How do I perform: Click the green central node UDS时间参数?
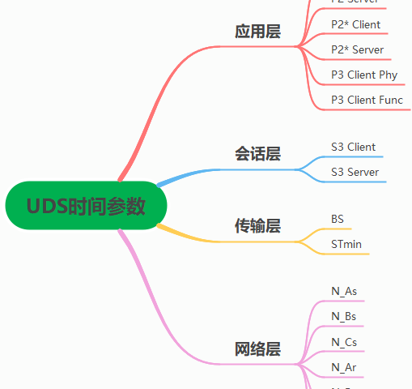click(x=86, y=206)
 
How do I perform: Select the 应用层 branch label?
click(x=257, y=32)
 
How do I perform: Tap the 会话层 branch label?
click(x=257, y=154)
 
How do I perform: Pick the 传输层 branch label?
click(x=257, y=226)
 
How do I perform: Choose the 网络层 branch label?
click(x=257, y=349)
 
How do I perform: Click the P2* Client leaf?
click(x=355, y=24)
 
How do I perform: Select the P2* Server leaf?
click(x=357, y=49)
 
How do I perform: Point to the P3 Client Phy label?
click(x=364, y=75)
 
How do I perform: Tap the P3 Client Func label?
click(x=367, y=100)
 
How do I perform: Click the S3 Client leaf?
click(x=353, y=147)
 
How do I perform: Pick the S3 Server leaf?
click(x=355, y=172)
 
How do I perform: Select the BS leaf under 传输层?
click(x=338, y=219)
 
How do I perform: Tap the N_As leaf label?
click(x=344, y=291)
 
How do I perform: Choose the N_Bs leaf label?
click(x=344, y=316)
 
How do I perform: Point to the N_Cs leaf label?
click(x=344, y=342)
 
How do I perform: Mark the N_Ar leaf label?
click(x=344, y=367)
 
